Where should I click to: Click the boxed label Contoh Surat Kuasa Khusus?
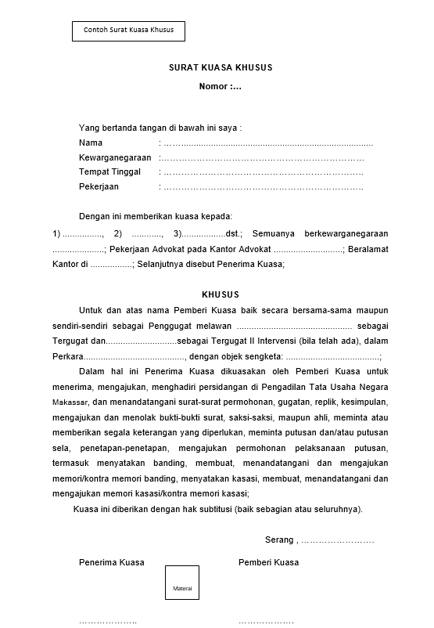(x=128, y=31)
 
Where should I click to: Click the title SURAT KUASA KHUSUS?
(x=221, y=68)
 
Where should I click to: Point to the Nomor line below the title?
(x=220, y=86)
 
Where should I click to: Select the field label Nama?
(x=91, y=143)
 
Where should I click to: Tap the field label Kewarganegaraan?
(x=115, y=157)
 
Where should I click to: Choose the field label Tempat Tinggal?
(x=109, y=171)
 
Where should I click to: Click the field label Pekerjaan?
(x=99, y=186)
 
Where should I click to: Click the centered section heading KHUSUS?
(x=221, y=294)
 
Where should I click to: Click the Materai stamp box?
(x=182, y=588)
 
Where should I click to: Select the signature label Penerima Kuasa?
(x=112, y=562)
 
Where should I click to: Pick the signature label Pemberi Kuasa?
(x=268, y=562)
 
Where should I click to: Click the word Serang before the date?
(x=278, y=540)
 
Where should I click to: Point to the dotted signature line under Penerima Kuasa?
(x=108, y=622)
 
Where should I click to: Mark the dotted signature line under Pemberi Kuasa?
(x=266, y=622)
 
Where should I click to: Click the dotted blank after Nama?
(x=266, y=143)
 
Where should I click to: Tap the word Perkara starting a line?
(x=68, y=356)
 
